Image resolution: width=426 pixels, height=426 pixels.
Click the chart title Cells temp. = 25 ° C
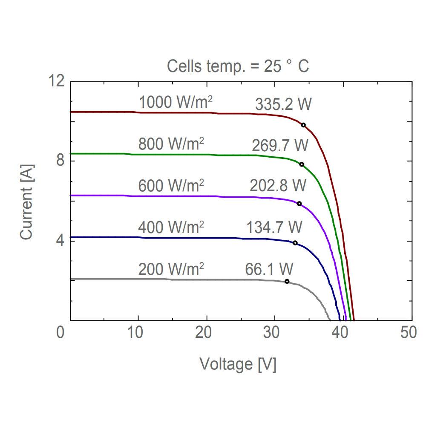238,66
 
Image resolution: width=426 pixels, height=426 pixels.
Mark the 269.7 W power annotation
279,146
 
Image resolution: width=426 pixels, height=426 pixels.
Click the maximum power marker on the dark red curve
303,125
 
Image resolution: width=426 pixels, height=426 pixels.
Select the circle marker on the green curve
302,164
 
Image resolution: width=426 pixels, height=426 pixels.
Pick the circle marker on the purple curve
299,204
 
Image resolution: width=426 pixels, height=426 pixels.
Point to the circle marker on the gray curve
287,281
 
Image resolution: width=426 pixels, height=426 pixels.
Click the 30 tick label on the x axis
275,333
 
